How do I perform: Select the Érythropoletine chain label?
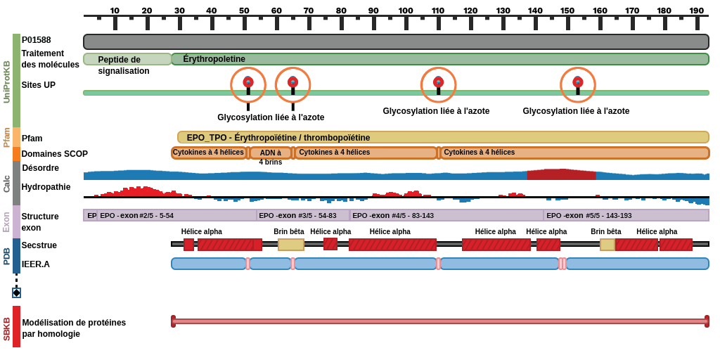coord(214,59)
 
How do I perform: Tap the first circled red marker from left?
coord(248,82)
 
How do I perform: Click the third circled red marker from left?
coord(438,82)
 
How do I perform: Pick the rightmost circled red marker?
coord(577,82)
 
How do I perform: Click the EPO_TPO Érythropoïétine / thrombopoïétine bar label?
coord(278,137)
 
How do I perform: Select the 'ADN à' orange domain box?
coord(271,153)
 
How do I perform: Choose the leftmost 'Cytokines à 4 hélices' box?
coord(209,153)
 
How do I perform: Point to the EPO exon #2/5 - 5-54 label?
coord(136,215)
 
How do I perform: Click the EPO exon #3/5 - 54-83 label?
coord(297,215)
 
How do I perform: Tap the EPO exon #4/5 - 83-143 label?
coord(393,215)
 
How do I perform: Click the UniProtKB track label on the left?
coord(6,82)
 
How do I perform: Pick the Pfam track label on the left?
coord(6,137)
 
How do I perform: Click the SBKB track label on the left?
coord(6,329)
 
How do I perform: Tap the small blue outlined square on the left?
coord(16,292)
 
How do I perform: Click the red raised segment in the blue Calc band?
coord(561,174)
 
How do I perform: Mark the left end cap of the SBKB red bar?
coord(174,321)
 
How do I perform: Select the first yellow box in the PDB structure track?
coord(290,245)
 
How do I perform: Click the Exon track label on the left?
coord(6,221)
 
